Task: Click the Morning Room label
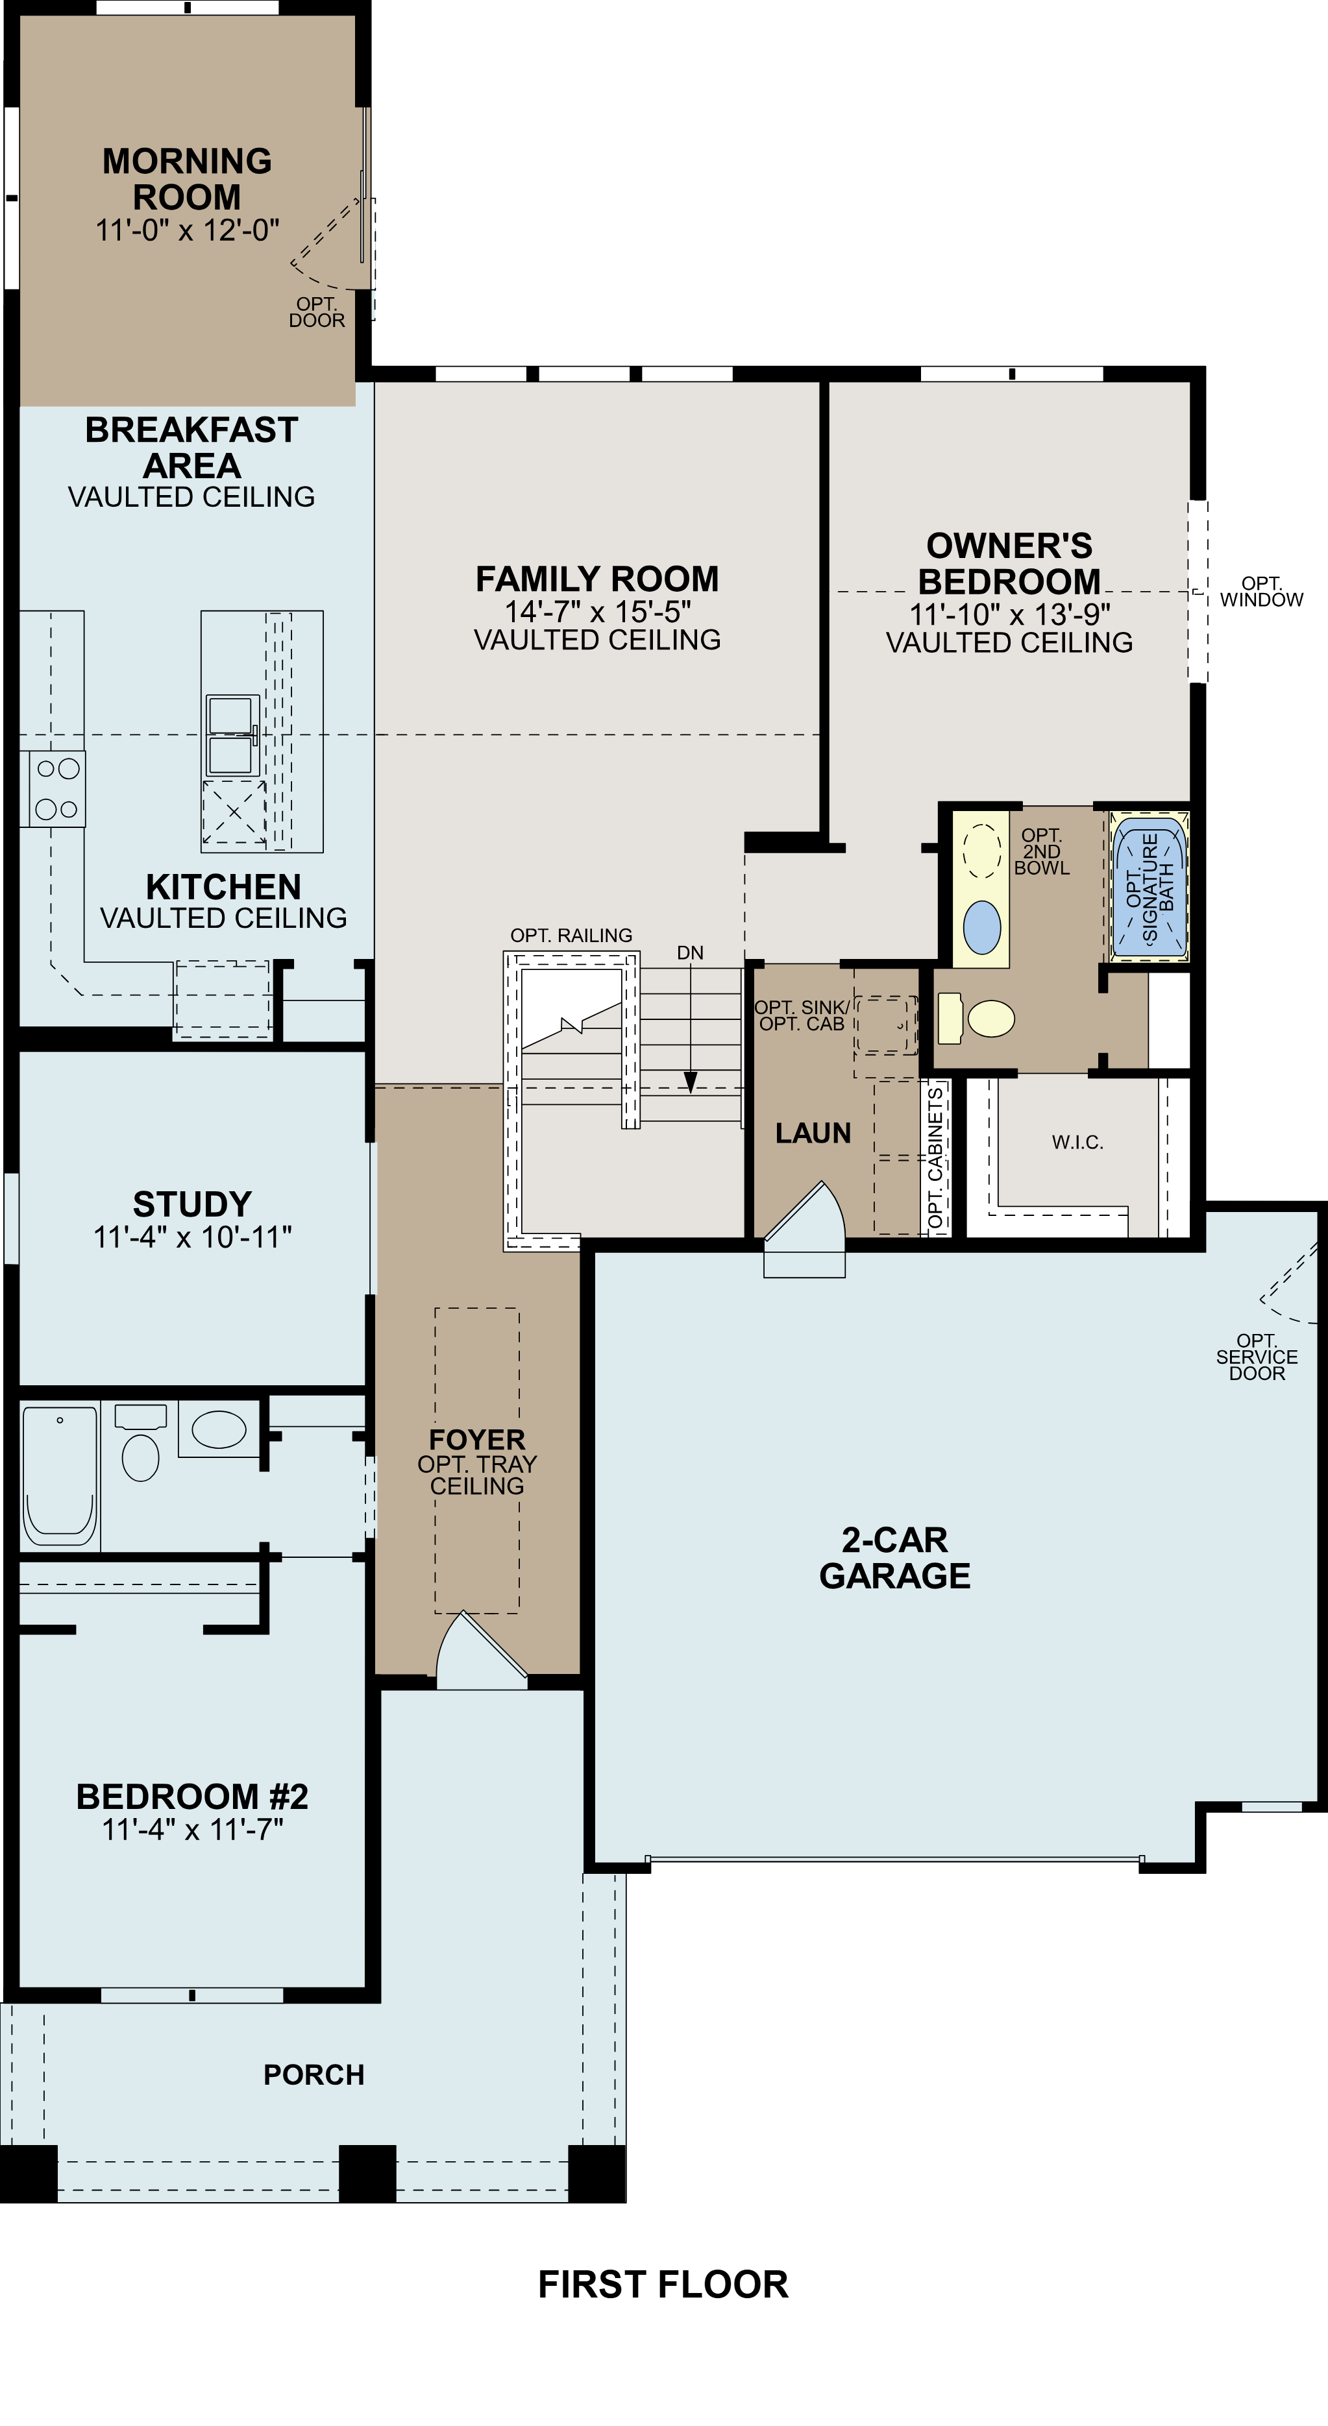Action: click(186, 179)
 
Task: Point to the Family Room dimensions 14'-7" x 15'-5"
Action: click(597, 612)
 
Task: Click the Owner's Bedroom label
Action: click(1009, 563)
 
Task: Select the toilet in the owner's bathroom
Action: click(979, 1019)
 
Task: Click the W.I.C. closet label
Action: click(1077, 1143)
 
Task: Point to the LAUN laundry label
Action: click(813, 1133)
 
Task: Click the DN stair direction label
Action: click(689, 953)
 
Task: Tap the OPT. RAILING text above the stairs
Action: click(571, 935)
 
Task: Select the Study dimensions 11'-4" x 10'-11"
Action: click(192, 1237)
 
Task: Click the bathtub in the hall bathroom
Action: click(59, 1475)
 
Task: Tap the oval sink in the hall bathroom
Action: click(219, 1429)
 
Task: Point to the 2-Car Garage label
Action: click(894, 1558)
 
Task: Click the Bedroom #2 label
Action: click(192, 1797)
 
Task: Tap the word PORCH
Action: click(314, 2075)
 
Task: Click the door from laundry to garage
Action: click(804, 1224)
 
